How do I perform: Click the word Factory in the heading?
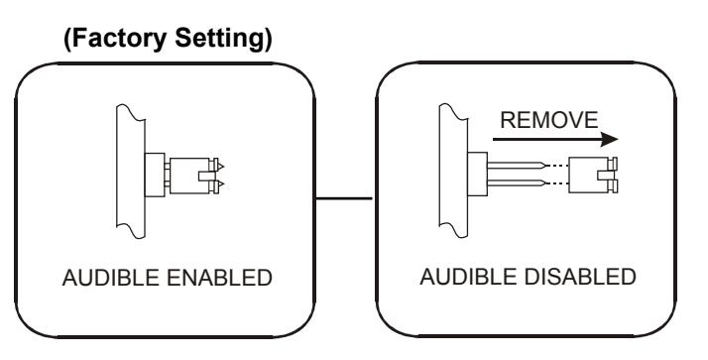pos(119,39)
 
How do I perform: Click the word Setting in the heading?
pos(223,40)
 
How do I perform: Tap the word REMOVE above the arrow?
pos(549,120)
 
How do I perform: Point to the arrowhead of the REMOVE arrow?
pos(610,140)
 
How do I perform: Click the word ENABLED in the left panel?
pos(219,278)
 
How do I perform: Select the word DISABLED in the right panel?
pos(579,277)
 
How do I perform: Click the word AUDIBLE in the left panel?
pos(111,278)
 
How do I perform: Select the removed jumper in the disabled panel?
pos(592,175)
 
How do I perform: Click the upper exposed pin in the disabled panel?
pos(518,166)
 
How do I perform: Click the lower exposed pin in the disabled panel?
pos(518,183)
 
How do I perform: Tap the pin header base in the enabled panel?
pos(155,176)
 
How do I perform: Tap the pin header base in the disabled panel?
pos(477,174)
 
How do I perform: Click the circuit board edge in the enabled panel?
pos(131,172)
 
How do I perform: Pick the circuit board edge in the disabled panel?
pos(453,171)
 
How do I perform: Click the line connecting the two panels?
pos(344,198)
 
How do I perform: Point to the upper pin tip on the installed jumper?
pos(223,167)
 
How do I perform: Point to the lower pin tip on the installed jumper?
pos(223,184)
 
